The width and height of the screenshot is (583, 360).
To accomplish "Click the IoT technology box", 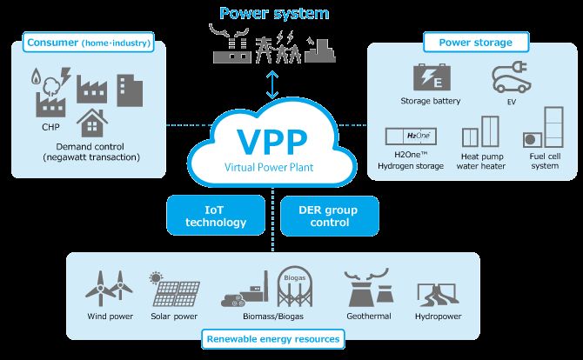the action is point(216,216).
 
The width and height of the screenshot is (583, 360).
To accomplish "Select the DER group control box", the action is point(330,216).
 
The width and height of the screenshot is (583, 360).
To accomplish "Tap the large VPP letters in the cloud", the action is point(271,142).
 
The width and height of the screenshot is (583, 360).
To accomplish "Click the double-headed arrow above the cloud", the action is point(272,85).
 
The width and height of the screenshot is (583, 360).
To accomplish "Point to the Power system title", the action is point(274,13).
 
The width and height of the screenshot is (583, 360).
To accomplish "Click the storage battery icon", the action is point(432,77).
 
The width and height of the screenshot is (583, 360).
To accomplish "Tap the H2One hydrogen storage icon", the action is point(411,137).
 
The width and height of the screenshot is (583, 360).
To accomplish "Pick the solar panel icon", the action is point(174,289).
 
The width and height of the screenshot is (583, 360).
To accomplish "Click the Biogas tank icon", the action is point(295,286).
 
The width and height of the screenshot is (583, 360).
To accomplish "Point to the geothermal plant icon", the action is point(368,288).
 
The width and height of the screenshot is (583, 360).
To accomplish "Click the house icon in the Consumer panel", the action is point(92,123).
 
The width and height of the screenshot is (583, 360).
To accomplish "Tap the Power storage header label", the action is point(476,43).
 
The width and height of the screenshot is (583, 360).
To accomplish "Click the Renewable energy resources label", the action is point(273,339).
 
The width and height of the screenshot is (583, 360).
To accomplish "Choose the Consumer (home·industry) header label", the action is point(89,43).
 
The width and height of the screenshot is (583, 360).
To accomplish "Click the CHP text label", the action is point(50,127).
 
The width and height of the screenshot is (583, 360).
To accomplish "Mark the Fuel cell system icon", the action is point(543,128).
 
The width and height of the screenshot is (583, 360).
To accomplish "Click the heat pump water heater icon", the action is point(480,131).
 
